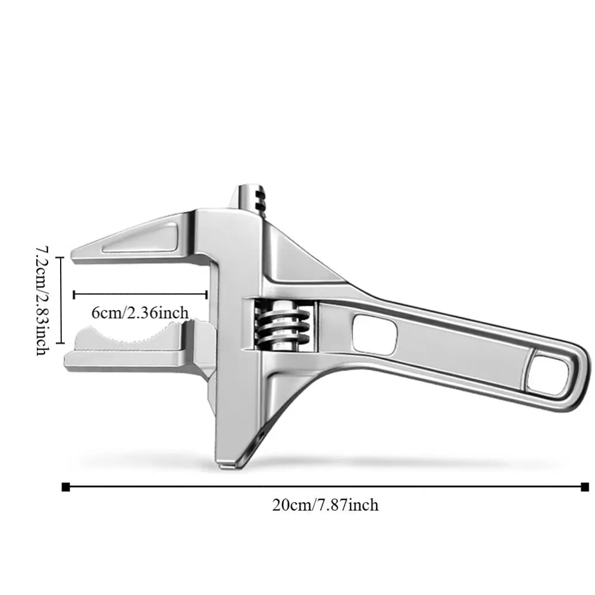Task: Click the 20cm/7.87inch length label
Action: pos(325,505)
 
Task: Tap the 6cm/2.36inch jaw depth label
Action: pos(141,312)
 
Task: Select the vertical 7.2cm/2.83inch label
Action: pos(41,299)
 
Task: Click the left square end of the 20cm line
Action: pos(65,487)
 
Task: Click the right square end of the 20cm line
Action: pos(584,487)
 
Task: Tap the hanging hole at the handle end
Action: pos(548,373)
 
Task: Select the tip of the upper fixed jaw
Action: pos(76,255)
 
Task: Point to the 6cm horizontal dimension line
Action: pos(140,294)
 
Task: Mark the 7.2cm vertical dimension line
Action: pos(59,300)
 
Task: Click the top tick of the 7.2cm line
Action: pos(59,257)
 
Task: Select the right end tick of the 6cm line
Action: pos(206,294)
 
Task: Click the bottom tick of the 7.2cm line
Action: pos(59,343)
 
